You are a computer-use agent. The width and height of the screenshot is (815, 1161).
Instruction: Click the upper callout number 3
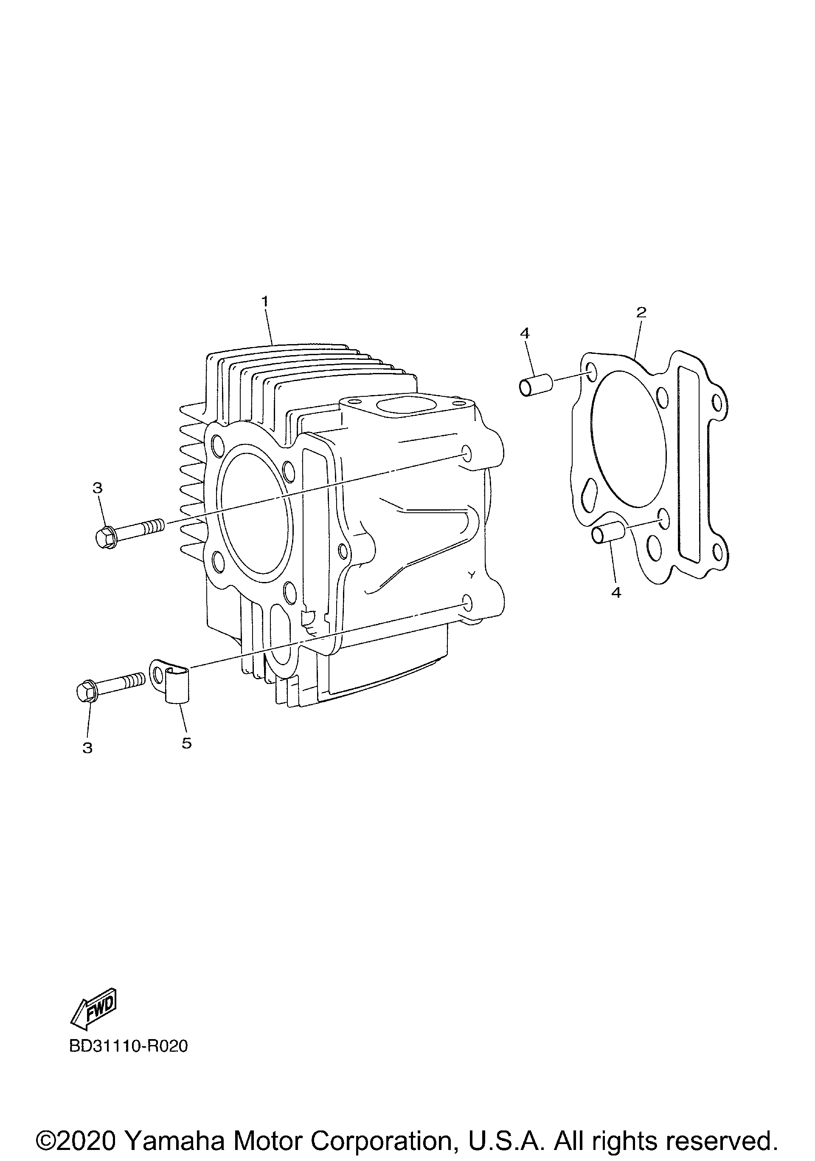tap(98, 488)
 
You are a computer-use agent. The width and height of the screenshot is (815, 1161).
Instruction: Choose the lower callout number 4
tap(616, 592)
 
